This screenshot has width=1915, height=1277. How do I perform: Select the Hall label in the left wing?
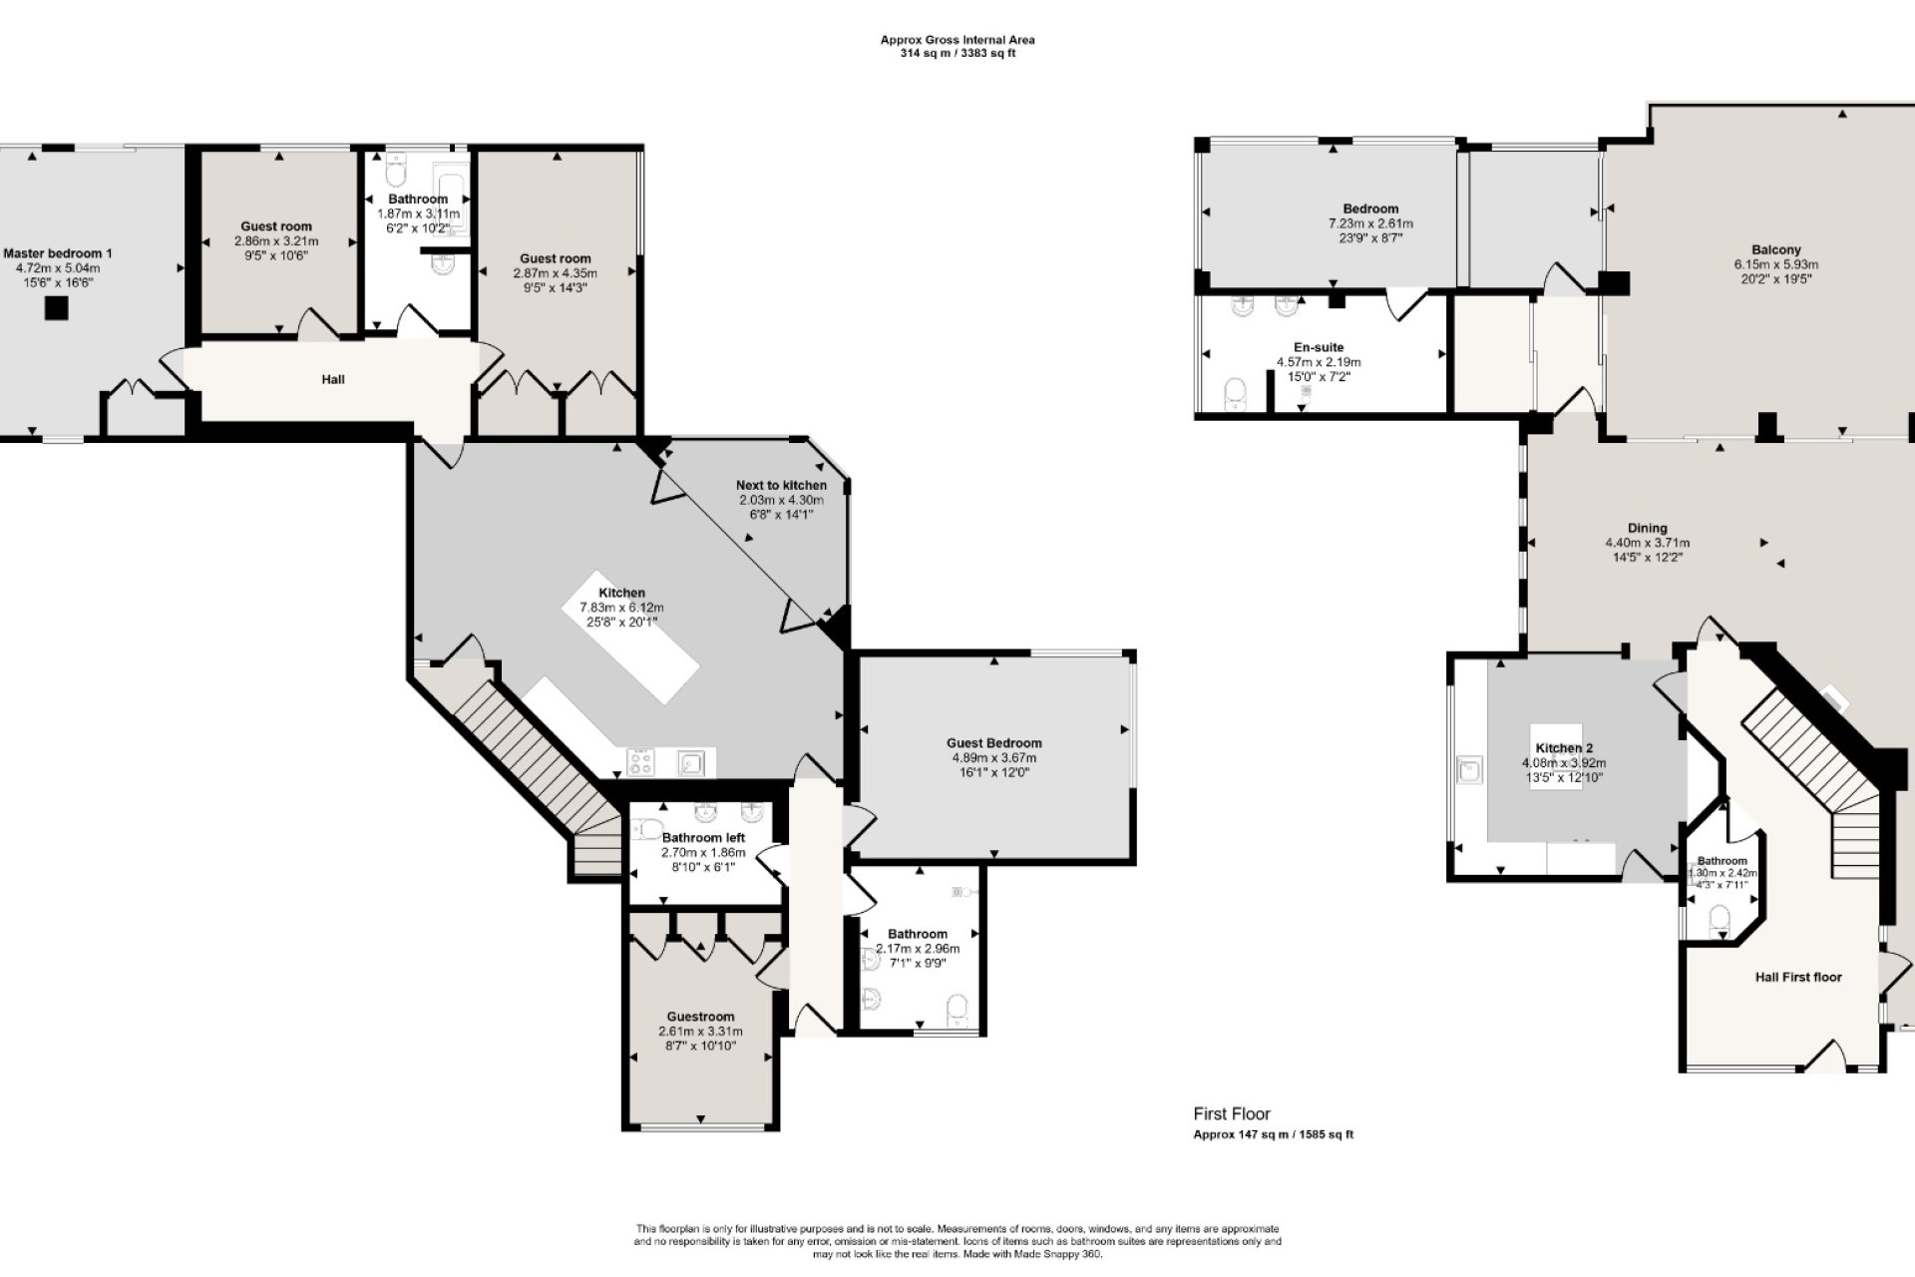[x=333, y=380]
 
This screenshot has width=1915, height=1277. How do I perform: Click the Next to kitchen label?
[x=781, y=486]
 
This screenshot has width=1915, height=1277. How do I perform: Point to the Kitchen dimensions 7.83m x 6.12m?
[x=621, y=608]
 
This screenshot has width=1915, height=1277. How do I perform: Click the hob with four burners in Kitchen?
[x=640, y=762]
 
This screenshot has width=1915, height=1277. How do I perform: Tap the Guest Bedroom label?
[x=994, y=743]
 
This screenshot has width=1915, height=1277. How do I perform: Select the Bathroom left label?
[x=703, y=838]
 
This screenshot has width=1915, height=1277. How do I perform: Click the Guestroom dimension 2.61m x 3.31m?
[x=700, y=1032]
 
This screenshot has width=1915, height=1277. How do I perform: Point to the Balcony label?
[x=1776, y=250]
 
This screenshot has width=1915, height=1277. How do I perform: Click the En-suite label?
[x=1319, y=348]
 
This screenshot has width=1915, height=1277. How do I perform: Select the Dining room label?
[x=1648, y=529]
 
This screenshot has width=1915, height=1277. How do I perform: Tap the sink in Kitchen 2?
[x=1469, y=770]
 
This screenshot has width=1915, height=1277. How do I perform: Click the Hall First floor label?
[x=1798, y=978]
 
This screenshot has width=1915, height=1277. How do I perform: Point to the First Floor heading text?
[x=1232, y=1114]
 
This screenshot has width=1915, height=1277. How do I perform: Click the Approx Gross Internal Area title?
[x=957, y=40]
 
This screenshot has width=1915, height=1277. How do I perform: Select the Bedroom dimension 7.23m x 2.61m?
[x=1370, y=223]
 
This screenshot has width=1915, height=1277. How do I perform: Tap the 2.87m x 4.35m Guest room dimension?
[x=556, y=273]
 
